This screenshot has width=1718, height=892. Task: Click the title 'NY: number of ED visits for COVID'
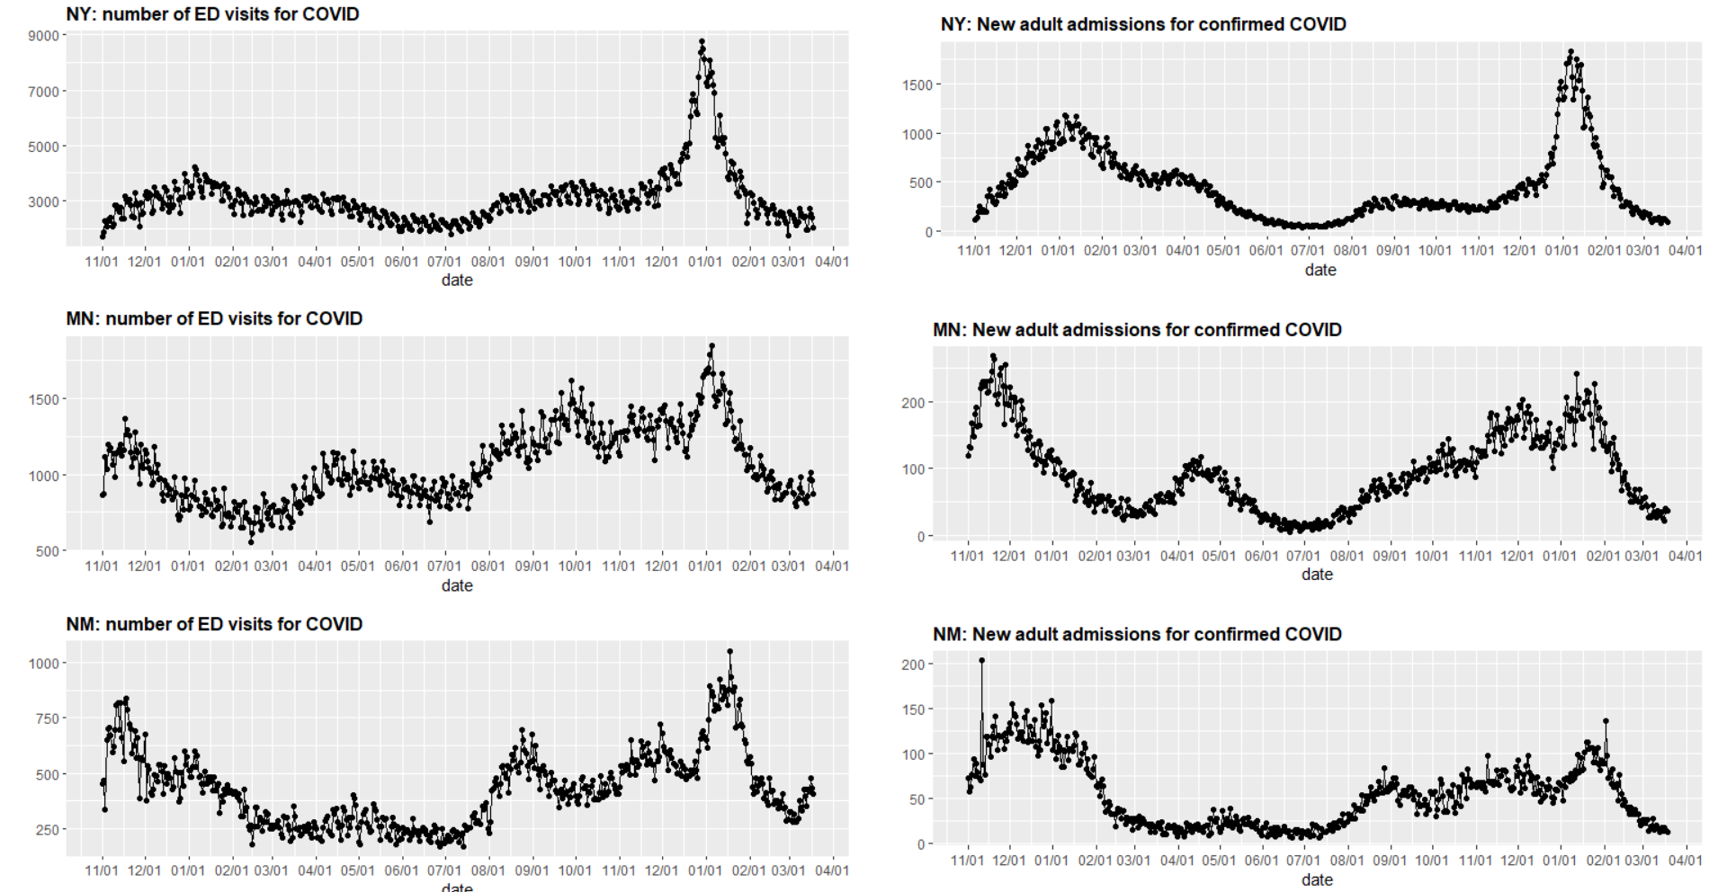(x=212, y=14)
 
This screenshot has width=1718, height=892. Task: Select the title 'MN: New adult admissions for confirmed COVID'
(x=1137, y=330)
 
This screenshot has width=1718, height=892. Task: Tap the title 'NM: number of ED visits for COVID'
(x=214, y=624)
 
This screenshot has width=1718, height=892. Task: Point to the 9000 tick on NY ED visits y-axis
(x=44, y=36)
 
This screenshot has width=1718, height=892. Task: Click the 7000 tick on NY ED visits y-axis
(x=44, y=92)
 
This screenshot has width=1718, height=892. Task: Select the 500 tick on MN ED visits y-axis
(x=48, y=551)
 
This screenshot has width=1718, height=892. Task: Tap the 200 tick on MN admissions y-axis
(x=913, y=403)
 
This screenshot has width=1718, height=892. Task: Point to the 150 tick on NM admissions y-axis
(x=913, y=709)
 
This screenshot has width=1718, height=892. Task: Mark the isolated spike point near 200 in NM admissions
(x=981, y=661)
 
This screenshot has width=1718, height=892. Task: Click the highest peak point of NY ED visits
(x=702, y=41)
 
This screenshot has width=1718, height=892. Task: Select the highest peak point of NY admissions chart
(x=1570, y=52)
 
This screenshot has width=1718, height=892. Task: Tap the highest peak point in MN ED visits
(x=711, y=345)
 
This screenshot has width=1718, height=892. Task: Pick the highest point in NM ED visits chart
(x=729, y=652)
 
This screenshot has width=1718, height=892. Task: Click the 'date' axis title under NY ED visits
(x=457, y=280)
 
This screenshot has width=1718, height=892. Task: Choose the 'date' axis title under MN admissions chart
(x=1317, y=575)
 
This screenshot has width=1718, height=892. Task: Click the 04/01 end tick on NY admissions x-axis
(x=1685, y=251)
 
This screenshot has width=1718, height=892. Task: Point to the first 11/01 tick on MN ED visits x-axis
(x=102, y=566)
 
